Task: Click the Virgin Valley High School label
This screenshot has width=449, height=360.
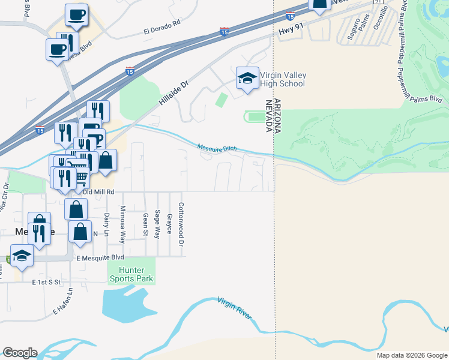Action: pos(283,79)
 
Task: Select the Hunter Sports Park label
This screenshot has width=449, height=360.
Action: pos(131,275)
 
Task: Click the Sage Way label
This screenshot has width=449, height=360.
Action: pos(157,224)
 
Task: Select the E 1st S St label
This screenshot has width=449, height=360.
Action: pos(47,281)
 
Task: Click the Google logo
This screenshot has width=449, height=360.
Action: pos(19,353)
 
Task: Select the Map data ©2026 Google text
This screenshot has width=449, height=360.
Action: pos(412,355)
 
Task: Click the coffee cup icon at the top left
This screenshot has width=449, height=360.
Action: pos(76,14)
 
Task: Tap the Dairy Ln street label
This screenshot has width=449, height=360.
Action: pos(106,223)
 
